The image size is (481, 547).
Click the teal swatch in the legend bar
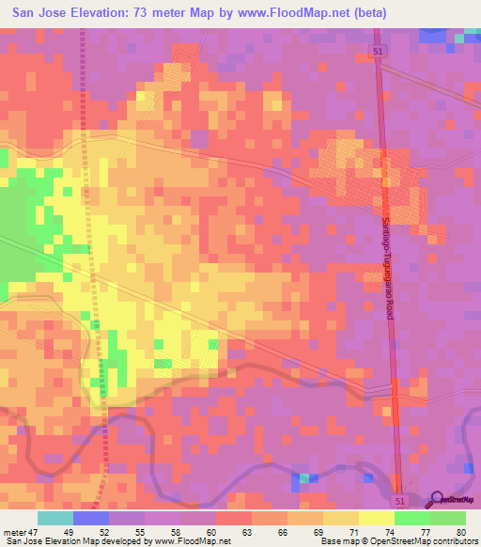point(54,518)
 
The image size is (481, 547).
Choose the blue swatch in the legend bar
point(90,518)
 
